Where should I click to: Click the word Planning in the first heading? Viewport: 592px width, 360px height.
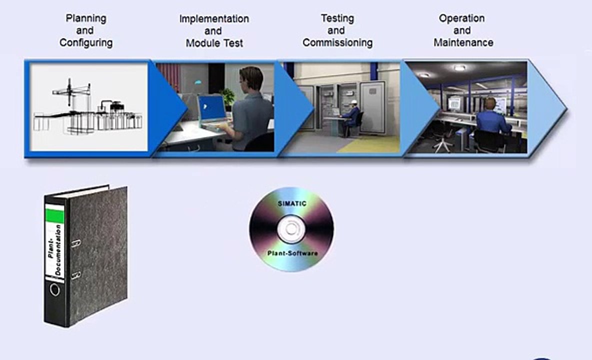tap(86, 18)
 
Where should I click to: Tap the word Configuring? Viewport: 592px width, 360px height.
tap(86, 42)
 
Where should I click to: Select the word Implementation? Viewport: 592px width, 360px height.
tap(214, 19)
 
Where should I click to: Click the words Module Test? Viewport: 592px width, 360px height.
tap(214, 43)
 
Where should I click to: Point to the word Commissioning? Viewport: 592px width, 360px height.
tap(337, 42)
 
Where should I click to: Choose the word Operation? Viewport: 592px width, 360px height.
tap(461, 18)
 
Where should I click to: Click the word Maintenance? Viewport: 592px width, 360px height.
tap(463, 42)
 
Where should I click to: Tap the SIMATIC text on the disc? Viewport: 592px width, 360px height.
tap(292, 204)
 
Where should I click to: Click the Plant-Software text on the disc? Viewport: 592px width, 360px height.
tap(292, 253)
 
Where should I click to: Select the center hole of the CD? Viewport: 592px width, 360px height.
tap(291, 228)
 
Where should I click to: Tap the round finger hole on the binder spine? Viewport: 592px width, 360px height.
tap(54, 290)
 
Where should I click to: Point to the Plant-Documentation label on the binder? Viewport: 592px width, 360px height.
tap(54, 250)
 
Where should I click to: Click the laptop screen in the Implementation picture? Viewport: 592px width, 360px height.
tap(211, 108)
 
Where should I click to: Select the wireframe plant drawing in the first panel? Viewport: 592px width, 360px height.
tap(87, 107)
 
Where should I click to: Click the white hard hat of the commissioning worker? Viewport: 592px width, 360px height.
tap(353, 102)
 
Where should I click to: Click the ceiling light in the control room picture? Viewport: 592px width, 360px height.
tap(459, 68)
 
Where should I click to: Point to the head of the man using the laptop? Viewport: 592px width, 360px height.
tap(250, 81)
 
